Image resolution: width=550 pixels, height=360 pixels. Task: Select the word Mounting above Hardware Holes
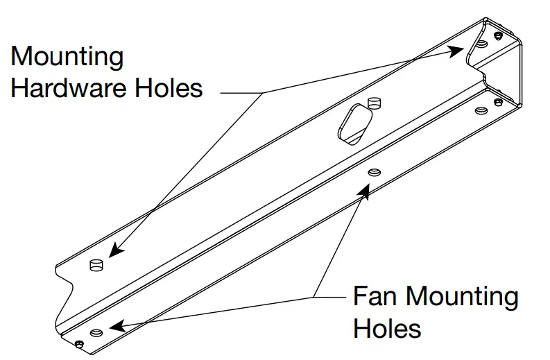(67, 55)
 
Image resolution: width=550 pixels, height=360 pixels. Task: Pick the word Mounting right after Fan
(461, 297)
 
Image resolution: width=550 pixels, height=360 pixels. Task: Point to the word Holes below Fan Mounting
(388, 327)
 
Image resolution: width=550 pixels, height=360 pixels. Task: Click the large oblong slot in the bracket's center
(354, 123)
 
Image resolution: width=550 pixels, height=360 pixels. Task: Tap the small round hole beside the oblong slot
(375, 105)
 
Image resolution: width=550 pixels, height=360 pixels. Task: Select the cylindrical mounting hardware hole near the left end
(97, 264)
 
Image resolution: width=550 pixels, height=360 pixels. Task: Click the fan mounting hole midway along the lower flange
(374, 171)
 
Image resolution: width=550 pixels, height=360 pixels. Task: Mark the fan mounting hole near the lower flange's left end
(96, 332)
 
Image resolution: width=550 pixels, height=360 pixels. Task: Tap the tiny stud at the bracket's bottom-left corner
(80, 345)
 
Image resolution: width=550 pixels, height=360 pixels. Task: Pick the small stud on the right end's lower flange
(497, 102)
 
